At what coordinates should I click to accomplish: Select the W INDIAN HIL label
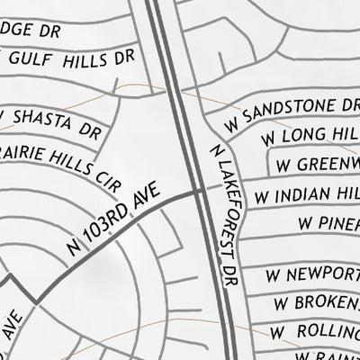coord(307,193)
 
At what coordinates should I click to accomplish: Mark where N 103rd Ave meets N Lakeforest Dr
coord(201,191)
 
